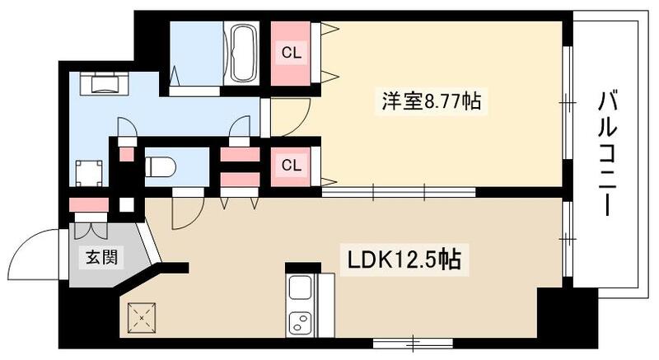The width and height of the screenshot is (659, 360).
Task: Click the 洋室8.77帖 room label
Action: click(431, 101)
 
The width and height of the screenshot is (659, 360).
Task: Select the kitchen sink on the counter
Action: click(299, 289)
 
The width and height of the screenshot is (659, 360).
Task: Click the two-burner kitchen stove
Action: click(299, 322)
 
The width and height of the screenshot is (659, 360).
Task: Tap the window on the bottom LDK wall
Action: click(406, 340)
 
